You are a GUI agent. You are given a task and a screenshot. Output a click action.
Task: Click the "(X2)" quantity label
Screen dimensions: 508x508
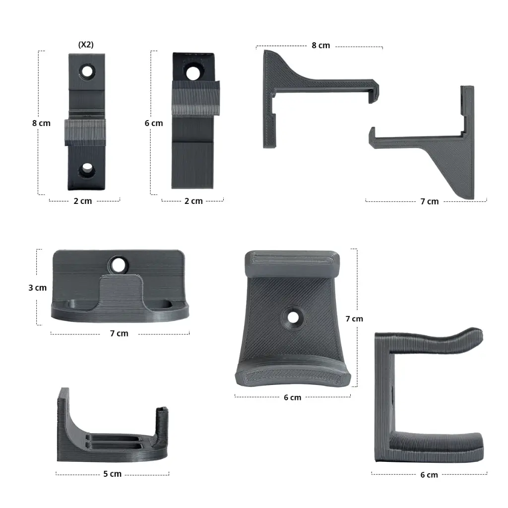coord(86,45)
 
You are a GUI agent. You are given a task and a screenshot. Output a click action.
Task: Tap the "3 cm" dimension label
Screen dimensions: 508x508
coord(38,288)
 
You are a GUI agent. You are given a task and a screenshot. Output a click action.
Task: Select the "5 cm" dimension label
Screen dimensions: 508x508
coord(113,474)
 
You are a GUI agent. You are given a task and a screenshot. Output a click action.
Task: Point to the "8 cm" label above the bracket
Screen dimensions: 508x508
coord(321,45)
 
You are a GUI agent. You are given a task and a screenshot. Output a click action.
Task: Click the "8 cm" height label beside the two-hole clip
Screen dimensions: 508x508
coord(41,123)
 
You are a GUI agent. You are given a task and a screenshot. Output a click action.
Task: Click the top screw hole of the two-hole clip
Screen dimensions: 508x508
coord(87,71)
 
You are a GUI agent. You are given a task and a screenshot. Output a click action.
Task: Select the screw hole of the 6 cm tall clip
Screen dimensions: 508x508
coord(193,72)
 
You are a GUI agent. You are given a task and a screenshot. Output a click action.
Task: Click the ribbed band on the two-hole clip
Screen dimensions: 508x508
coord(85,132)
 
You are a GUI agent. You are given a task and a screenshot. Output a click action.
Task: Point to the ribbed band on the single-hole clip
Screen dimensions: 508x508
coord(195,98)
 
